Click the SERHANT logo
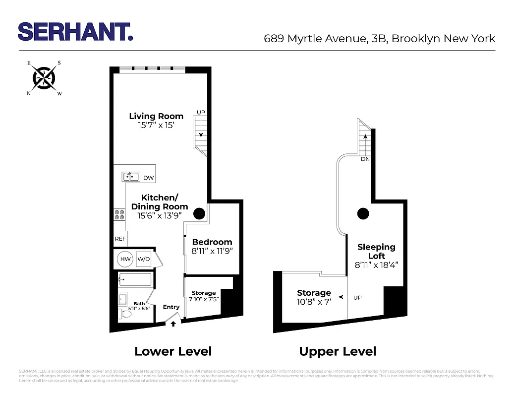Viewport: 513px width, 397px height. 75,31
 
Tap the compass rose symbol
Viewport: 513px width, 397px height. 44,77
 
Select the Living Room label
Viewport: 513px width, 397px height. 156,116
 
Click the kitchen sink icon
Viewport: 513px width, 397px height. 131,176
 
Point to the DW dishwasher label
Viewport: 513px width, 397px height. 148,178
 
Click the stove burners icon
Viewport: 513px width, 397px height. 119,214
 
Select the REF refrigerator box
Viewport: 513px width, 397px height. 120,239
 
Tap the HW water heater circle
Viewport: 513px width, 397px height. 125,259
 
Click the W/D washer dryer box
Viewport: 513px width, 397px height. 144,259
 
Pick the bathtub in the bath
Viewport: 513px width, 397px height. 135,280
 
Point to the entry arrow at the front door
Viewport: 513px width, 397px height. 173,325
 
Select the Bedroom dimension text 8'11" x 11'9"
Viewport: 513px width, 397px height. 212,251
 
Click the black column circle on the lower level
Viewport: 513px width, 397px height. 199,214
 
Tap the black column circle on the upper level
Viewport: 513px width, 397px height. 363,214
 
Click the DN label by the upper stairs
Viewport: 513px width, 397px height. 365,159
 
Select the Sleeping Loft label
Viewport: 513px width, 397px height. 377,251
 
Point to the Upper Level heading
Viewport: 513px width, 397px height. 338,352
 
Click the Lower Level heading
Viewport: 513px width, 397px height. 173,352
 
